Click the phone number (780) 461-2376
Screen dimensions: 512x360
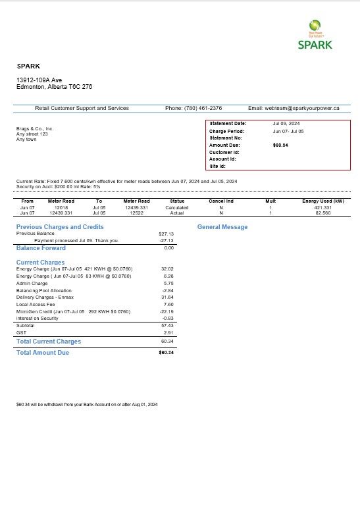[203, 108]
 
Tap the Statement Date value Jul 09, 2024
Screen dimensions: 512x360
[286, 124]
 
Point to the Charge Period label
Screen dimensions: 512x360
[226, 131]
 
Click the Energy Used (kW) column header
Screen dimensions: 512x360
[323, 201]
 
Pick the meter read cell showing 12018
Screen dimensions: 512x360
[61, 207]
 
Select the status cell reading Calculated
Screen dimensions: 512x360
[177, 207]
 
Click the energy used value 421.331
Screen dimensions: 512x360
[322, 207]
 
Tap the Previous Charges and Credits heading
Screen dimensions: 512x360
[60, 227]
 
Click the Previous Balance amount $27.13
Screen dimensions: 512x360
[166, 234]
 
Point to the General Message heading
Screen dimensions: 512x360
[222, 227]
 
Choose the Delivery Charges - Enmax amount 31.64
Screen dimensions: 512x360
[167, 297]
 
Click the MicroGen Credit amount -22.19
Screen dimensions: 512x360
[166, 311]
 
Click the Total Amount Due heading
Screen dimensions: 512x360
[42, 353]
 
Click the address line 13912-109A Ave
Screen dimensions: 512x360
[39, 80]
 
